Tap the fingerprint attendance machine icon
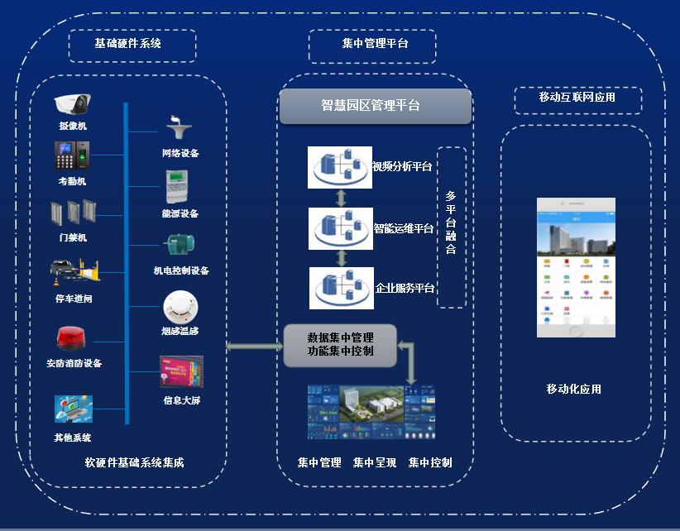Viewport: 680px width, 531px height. pyautogui.click(x=71, y=157)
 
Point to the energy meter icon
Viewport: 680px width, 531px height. pyautogui.click(x=178, y=187)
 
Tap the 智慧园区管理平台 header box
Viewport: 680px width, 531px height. pyautogui.click(x=375, y=106)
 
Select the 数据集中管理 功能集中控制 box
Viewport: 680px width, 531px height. pyautogui.click(x=340, y=345)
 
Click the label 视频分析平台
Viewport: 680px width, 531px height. pyautogui.click(x=402, y=167)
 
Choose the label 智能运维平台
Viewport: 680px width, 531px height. pyautogui.click(x=403, y=228)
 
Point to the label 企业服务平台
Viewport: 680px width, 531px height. pyautogui.click(x=405, y=289)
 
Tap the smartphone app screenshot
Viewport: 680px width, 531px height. pyautogui.click(x=576, y=266)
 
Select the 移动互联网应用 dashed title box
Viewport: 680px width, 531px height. pyautogui.click(x=577, y=98)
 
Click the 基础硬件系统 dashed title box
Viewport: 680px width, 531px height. pyautogui.click(x=132, y=45)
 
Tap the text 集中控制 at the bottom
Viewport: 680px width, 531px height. pyautogui.click(x=430, y=463)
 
